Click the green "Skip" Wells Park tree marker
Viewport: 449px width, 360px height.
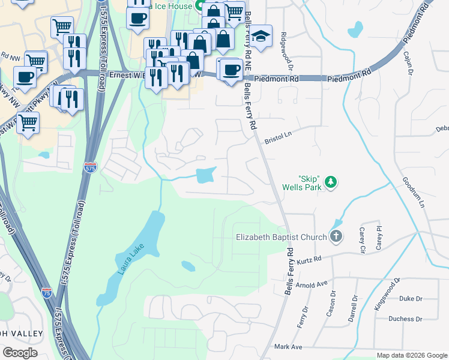(330, 181)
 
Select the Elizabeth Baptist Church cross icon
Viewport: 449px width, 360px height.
(336, 236)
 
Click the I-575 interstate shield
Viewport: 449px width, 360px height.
(90, 166)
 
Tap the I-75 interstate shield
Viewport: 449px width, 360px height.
(47, 292)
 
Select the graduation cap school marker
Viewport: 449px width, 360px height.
(261, 36)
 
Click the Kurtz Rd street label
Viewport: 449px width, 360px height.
(310, 260)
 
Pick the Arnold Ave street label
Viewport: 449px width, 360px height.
(313, 284)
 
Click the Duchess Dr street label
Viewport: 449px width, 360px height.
(405, 319)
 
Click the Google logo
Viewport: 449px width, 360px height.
(20, 353)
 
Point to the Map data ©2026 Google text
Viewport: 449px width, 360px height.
(411, 355)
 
